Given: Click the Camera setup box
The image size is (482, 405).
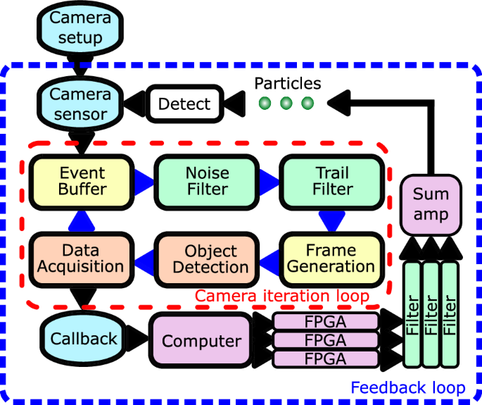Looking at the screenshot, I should [x=80, y=27].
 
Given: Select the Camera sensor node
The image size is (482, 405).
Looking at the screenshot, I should [x=80, y=104].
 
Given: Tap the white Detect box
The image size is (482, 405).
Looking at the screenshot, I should [x=184, y=104].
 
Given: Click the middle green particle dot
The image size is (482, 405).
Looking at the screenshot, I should [x=286, y=104].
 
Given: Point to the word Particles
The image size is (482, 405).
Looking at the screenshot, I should [x=287, y=83].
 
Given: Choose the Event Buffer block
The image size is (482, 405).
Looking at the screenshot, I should [x=83, y=180].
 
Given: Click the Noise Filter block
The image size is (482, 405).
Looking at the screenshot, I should [x=207, y=180].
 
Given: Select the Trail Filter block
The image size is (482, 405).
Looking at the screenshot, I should [x=332, y=180].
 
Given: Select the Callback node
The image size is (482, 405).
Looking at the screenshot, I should [x=84, y=339].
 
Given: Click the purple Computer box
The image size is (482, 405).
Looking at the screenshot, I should [x=202, y=342].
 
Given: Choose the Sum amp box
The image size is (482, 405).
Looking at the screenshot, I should [x=431, y=204].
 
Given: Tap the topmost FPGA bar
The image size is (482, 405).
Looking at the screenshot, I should [x=325, y=323].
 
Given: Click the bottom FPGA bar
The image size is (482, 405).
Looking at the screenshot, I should [x=325, y=359].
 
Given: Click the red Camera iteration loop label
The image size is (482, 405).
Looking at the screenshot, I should [x=281, y=296].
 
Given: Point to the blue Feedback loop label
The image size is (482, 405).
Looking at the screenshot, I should [x=408, y=387].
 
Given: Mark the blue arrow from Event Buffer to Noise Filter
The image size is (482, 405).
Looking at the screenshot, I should [x=144, y=180].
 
